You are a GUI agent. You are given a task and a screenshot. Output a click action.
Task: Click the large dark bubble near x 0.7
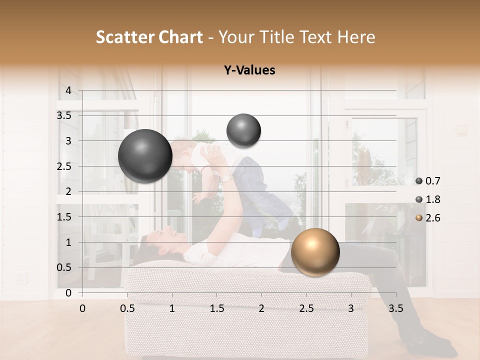point(145,156)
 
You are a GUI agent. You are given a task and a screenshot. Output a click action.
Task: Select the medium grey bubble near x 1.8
point(243,130)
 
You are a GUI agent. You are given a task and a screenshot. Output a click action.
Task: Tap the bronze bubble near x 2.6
point(315,252)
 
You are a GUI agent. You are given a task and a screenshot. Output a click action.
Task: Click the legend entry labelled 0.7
point(428,181)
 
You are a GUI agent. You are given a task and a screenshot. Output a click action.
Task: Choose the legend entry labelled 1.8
point(428,199)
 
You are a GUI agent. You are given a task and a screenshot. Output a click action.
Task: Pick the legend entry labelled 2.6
point(428,218)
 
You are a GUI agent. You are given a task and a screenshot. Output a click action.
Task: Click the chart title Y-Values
point(249,70)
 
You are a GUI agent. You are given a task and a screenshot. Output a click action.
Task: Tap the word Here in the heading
point(355,37)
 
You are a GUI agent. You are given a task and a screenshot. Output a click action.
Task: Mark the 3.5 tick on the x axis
point(396,308)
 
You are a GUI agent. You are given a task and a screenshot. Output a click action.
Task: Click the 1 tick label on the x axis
point(172,308)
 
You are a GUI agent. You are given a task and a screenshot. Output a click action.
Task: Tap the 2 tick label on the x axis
point(261,308)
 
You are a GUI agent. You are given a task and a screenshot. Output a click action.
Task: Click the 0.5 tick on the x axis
point(127,308)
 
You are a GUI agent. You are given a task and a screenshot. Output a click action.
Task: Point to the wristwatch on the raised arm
point(226,177)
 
